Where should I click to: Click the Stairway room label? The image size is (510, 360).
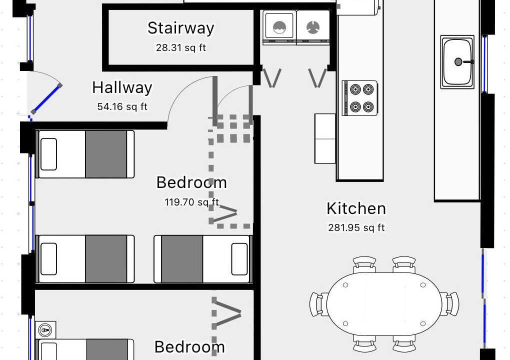(181, 28)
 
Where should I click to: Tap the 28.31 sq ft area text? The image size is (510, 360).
(181, 48)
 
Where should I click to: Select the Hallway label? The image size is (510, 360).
(122, 87)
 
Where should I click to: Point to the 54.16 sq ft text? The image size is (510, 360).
(122, 106)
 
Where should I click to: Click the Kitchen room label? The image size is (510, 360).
(356, 208)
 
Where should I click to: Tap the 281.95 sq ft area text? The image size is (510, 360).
(356, 227)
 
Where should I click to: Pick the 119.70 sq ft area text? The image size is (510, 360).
(192, 202)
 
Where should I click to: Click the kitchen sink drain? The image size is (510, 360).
(458, 62)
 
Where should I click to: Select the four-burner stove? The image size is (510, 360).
(360, 98)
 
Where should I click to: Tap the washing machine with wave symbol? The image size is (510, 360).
(279, 27)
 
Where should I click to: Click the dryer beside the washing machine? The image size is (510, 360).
(313, 27)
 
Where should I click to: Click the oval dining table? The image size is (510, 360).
(384, 304)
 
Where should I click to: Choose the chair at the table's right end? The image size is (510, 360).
(450, 304)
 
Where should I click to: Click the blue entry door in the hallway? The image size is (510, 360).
(46, 99)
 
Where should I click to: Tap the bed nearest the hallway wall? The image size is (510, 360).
(85, 154)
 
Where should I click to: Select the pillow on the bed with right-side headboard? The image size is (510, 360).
(239, 259)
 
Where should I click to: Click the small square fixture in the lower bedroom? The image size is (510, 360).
(45, 330)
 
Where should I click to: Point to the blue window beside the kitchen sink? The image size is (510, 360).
(484, 63)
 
